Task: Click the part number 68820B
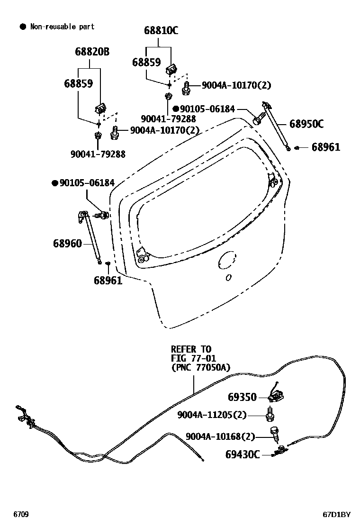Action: pyautogui.click(x=91, y=52)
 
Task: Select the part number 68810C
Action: pyautogui.click(x=161, y=31)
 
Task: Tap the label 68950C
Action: pyautogui.click(x=306, y=124)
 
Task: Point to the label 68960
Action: pyautogui.click(x=67, y=244)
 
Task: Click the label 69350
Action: pyautogui.click(x=242, y=397)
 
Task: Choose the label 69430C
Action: pyautogui.click(x=243, y=454)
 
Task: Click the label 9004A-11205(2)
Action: pyautogui.click(x=212, y=415)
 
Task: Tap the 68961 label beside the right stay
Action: pyautogui.click(x=326, y=147)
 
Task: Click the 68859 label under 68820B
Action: pyautogui.click(x=78, y=84)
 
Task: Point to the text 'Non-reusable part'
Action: pyautogui.click(x=63, y=27)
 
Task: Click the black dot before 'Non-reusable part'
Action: pyautogui.click(x=22, y=27)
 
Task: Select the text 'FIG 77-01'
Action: pyautogui.click(x=193, y=358)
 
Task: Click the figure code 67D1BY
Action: pyautogui.click(x=337, y=515)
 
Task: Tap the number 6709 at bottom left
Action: pyautogui.click(x=20, y=514)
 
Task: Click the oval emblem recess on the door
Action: pyautogui.click(x=227, y=260)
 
